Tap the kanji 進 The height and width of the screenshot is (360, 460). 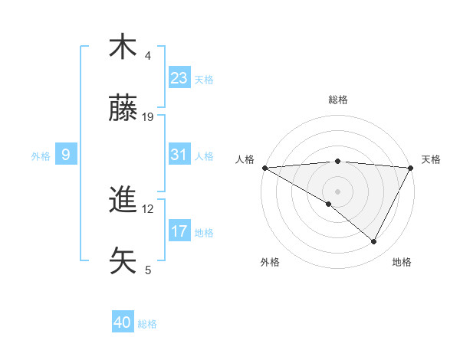tap(123, 201)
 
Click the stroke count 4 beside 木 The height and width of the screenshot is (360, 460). tap(148, 56)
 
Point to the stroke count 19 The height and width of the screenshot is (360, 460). tap(149, 117)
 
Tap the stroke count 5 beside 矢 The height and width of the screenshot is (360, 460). tap(148, 270)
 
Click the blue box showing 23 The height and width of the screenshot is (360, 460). tap(179, 78)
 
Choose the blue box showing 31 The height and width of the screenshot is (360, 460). tap(179, 155)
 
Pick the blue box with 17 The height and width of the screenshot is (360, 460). tap(179, 231)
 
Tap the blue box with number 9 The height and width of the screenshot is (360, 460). tap(66, 155)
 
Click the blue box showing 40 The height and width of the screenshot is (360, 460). tap(123, 323)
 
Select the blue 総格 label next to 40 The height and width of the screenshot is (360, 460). tap(147, 324)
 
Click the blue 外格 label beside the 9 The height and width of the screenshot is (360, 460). tap(41, 155)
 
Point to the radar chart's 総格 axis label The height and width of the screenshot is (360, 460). tap(338, 100)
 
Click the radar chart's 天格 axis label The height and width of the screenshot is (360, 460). tap(431, 159)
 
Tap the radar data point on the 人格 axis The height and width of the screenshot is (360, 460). tap(264, 168)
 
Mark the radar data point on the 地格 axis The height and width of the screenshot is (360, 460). tap(374, 241)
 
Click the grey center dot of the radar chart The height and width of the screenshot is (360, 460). tap(337, 191)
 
